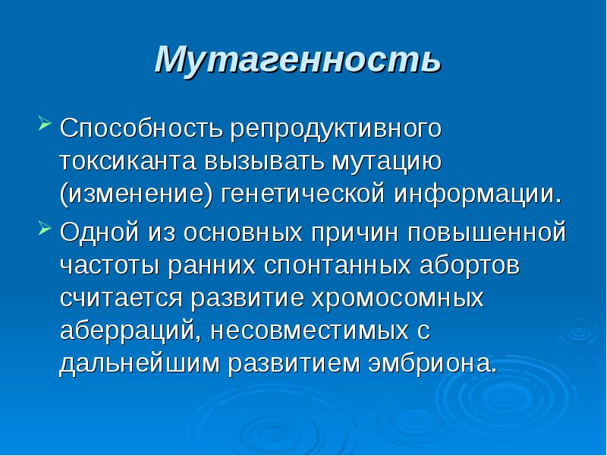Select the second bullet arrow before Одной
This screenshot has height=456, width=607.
click(x=43, y=228)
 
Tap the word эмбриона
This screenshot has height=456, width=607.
click(x=432, y=364)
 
